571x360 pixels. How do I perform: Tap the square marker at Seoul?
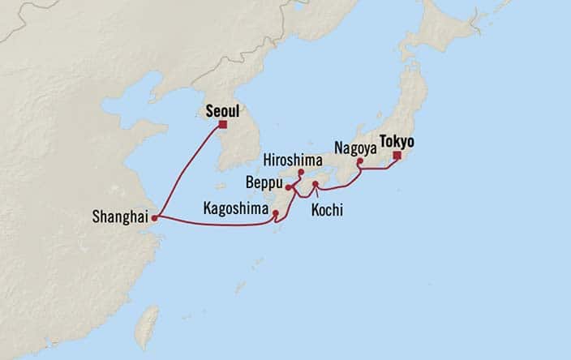click(x=222, y=126)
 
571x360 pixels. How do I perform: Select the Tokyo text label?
click(x=396, y=141)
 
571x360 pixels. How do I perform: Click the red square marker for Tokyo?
click(x=397, y=156)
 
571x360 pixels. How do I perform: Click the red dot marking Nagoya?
click(x=359, y=161)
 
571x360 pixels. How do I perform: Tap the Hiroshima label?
click(x=298, y=161)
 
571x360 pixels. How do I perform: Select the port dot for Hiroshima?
click(x=300, y=173)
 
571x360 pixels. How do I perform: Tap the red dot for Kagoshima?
click(x=277, y=214)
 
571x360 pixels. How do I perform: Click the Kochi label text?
click(x=327, y=210)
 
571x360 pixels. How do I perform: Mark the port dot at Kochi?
click(x=316, y=185)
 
